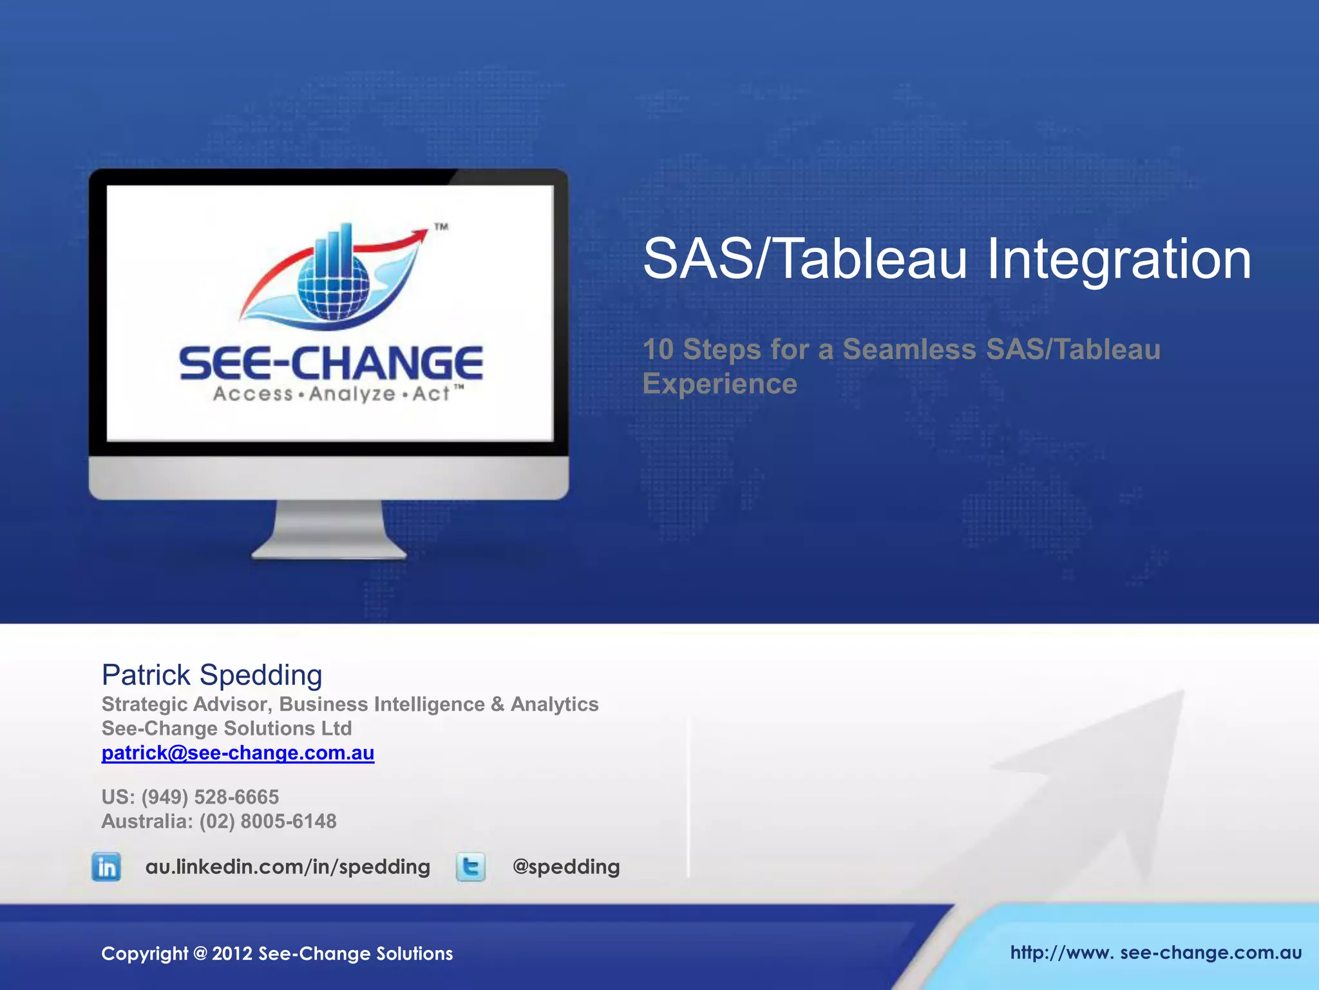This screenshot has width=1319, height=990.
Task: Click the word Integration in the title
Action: point(1119,259)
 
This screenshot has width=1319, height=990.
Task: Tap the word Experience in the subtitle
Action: point(719,384)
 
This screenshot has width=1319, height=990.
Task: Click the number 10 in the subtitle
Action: point(658,349)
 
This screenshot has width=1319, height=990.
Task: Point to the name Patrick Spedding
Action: point(212,675)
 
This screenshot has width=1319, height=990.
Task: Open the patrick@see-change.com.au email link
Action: point(238,753)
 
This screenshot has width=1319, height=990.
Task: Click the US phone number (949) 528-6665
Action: point(210,797)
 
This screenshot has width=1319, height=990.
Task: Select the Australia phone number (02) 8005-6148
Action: point(267,822)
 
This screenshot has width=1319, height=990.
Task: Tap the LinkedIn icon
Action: point(106,867)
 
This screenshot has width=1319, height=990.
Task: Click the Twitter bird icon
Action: point(471,867)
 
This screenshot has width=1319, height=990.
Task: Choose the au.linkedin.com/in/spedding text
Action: point(287,867)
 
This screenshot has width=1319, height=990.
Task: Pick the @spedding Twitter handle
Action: point(565,867)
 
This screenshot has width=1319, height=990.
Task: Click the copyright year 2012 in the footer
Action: point(232,954)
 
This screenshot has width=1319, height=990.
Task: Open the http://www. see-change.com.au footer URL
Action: point(1155,953)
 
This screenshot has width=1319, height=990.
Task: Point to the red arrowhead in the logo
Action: point(421,234)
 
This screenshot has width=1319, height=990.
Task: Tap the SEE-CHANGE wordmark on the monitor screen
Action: point(331,363)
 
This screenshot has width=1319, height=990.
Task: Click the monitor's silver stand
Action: point(329,532)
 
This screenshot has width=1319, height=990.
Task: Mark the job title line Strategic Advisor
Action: point(350,704)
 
